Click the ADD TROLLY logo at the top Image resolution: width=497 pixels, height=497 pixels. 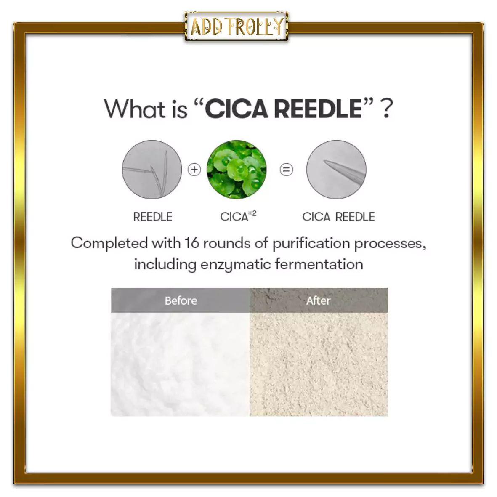[237, 27]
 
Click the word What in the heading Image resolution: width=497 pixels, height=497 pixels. [135, 109]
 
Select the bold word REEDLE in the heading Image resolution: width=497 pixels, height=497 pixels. [318, 109]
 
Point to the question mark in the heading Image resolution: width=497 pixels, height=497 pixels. [386, 109]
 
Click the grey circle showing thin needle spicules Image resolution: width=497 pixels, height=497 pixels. [152, 170]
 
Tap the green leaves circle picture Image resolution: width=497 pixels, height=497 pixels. [237, 170]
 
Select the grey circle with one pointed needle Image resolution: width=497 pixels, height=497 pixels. [336, 170]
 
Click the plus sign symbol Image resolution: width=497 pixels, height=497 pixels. [194, 170]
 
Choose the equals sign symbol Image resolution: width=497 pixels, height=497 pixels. [286, 170]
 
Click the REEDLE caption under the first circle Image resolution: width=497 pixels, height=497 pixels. [153, 217]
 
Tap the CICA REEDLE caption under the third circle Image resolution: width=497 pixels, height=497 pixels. [338, 217]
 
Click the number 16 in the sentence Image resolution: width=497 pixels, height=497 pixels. [191, 243]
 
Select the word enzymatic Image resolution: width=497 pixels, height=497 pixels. [236, 265]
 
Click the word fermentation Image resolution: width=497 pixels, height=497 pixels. [319, 264]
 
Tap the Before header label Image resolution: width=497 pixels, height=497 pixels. [181, 300]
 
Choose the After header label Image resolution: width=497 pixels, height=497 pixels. [318, 300]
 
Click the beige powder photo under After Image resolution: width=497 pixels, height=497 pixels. [319, 364]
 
